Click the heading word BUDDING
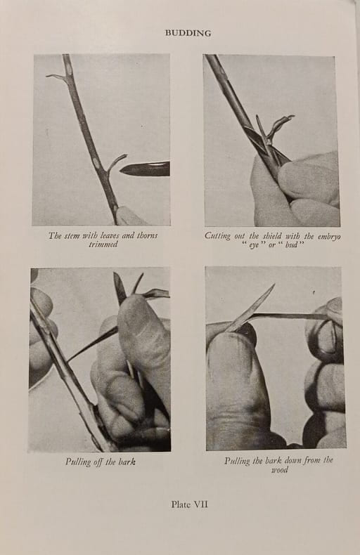(188, 33)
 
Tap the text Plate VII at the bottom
(189, 504)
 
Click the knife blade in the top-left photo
(145, 169)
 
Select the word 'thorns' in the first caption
(147, 235)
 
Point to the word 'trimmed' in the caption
(103, 244)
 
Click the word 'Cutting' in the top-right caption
(217, 236)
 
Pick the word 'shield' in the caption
(272, 236)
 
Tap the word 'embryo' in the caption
(329, 237)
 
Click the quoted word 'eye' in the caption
(254, 245)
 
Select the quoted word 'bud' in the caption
(291, 244)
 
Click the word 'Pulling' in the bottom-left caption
(78, 462)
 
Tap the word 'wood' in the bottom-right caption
(280, 470)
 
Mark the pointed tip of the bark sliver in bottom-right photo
(274, 285)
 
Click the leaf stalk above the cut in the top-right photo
(280, 126)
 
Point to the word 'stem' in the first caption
(71, 235)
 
